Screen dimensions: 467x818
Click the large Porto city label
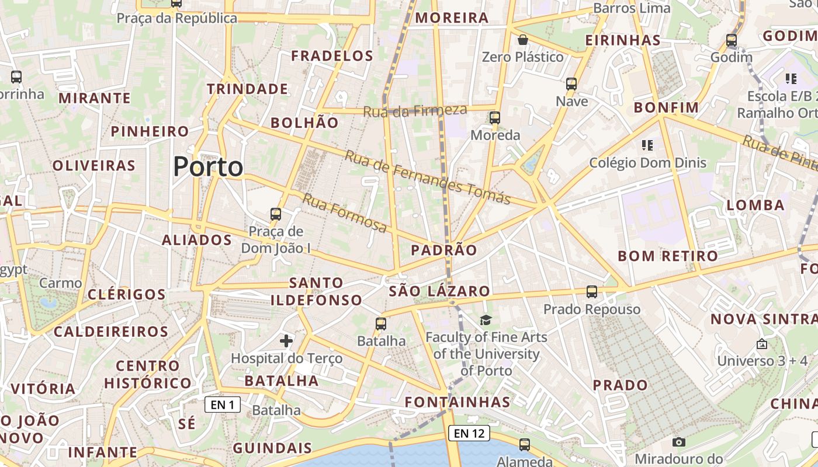[208, 167]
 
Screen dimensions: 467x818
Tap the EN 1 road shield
[223, 405]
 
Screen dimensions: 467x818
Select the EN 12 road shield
[469, 433]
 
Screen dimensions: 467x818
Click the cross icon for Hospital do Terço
[286, 341]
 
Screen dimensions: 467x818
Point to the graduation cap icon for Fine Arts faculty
[486, 320]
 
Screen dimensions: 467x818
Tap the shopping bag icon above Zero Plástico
[523, 40]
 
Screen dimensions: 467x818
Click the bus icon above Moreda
[495, 118]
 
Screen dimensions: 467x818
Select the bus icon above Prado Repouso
[592, 292]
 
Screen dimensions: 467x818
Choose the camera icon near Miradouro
[678, 442]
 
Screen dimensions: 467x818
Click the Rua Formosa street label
[344, 213]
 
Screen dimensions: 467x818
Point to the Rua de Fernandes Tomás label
[427, 177]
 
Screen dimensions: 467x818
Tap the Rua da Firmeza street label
[415, 110]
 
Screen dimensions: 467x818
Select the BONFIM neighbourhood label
[666, 107]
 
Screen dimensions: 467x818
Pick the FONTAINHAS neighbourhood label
[457, 402]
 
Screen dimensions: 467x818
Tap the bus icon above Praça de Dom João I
[276, 214]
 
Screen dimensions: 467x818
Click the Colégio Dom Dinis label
[647, 163]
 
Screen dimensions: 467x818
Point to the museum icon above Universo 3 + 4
[761, 344]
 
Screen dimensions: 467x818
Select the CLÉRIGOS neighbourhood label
[126, 294]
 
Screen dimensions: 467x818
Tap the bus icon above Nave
[571, 84]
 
